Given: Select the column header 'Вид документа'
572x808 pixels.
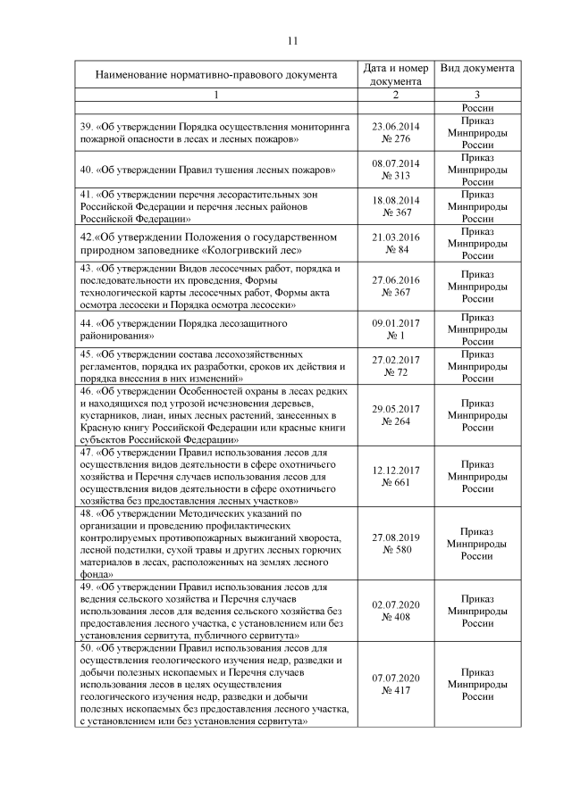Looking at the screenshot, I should [x=476, y=69].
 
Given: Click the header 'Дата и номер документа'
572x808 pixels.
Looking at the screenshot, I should [x=396, y=75].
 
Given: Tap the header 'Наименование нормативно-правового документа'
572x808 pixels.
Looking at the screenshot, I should [x=216, y=75].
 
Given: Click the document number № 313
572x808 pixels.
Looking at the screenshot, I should [x=396, y=175].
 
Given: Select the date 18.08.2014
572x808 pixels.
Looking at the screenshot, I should [x=396, y=199].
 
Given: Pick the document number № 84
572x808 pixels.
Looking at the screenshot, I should [x=396, y=249].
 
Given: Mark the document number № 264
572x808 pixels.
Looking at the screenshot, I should [x=396, y=421].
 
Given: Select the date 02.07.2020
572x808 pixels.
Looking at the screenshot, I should [x=396, y=604].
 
